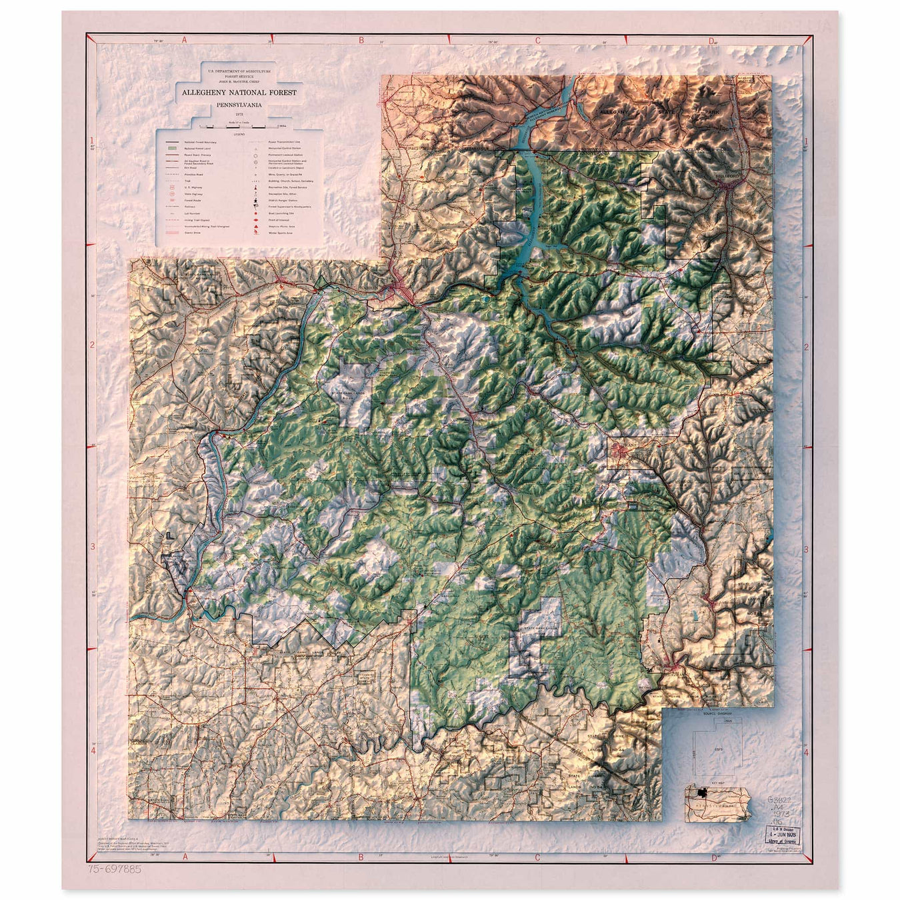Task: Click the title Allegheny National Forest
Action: pyautogui.click(x=239, y=93)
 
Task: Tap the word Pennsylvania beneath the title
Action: pyautogui.click(x=239, y=105)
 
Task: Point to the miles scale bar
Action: pyautogui.click(x=239, y=126)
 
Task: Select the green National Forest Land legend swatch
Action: pyautogui.click(x=171, y=148)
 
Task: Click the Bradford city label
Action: pyautogui.click(x=729, y=176)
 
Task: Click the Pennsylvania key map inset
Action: pyautogui.click(x=717, y=804)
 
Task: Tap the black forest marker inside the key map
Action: pyautogui.click(x=701, y=793)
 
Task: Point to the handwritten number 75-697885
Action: pyautogui.click(x=114, y=869)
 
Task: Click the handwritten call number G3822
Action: pyautogui.click(x=779, y=800)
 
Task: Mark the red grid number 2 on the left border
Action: pyautogui.click(x=92, y=345)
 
